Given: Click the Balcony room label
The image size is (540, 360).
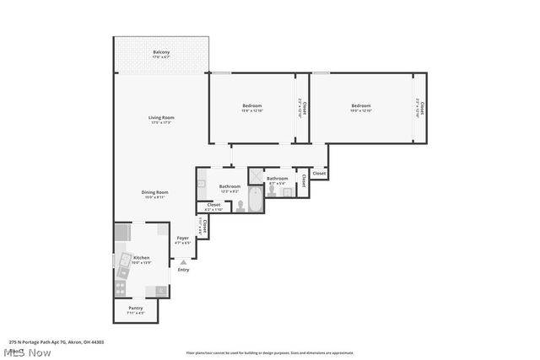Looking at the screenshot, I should point(161,52).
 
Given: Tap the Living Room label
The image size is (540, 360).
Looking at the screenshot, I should point(162,117).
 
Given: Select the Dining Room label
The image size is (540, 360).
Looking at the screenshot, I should point(154,192).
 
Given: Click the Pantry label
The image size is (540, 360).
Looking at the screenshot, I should point(135,308).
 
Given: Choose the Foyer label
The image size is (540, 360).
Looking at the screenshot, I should point(182,239).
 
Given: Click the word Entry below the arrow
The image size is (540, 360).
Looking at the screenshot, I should point(183,270).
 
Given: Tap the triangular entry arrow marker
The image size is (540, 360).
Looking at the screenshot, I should point(183,261).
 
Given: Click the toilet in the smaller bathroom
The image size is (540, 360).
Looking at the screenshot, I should point(288,192).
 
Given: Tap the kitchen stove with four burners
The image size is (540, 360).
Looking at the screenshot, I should point(121,287).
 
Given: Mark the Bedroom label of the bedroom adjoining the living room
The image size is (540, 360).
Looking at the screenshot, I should point(252,105).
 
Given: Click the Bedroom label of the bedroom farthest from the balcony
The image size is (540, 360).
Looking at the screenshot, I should point(360,105).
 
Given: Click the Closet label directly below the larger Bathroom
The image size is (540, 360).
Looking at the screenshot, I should point(213,205).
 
